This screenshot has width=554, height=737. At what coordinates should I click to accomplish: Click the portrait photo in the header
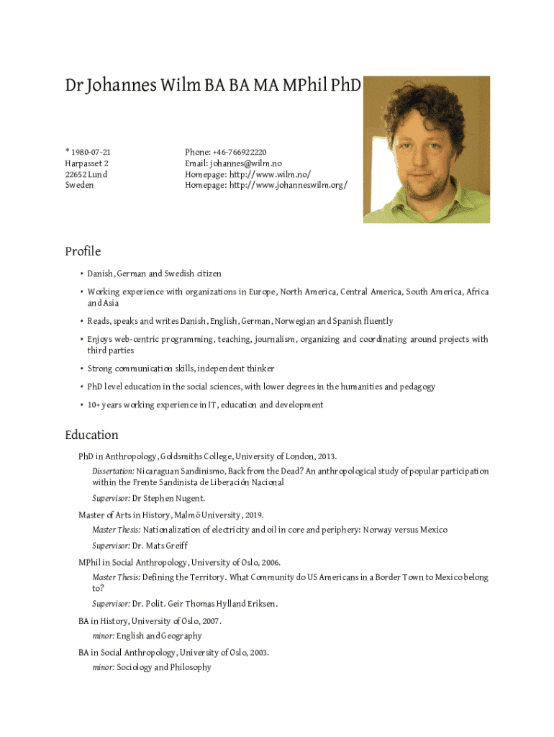(x=426, y=150)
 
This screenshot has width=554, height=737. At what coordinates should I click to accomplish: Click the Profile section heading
(x=83, y=251)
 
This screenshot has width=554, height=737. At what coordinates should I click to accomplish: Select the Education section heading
(x=91, y=435)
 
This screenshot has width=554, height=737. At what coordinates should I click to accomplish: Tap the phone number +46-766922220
(x=238, y=152)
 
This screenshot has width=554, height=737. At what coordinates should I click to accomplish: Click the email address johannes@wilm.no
(x=246, y=163)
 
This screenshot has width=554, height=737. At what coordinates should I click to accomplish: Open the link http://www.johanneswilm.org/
(x=288, y=185)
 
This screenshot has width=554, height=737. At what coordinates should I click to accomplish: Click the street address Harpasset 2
(x=86, y=163)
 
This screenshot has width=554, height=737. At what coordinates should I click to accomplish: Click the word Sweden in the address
(x=79, y=185)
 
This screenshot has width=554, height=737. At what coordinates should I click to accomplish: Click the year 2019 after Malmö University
(x=253, y=515)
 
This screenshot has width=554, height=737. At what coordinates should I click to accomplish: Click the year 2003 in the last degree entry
(x=258, y=653)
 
